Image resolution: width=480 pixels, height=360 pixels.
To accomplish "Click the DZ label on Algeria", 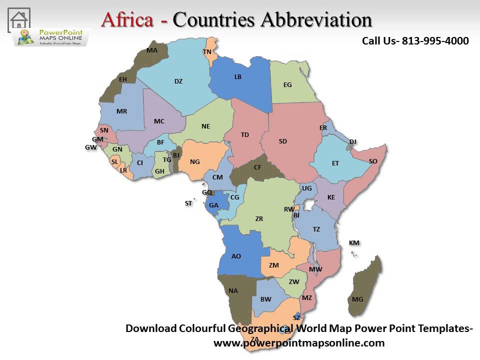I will [178, 81].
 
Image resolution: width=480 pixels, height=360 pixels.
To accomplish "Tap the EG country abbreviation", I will [287, 85].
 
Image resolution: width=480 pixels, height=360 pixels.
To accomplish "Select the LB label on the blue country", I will [238, 77].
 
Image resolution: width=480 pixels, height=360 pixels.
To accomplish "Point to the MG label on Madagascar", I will [357, 299].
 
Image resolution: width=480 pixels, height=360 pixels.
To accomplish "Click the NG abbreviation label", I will [195, 161].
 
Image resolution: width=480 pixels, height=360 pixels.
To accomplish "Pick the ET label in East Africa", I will [335, 163].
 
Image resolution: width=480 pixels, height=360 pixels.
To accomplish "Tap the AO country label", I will [236, 256].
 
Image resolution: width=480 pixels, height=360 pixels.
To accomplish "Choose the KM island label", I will [354, 243].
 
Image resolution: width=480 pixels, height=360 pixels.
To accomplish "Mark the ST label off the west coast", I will [188, 203].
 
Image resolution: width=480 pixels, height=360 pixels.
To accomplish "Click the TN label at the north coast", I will [207, 52].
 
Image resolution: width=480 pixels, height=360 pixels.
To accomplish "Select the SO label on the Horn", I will [373, 161].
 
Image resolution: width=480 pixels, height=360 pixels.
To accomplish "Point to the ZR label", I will [259, 219].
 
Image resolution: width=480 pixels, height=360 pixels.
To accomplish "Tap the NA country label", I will [233, 291].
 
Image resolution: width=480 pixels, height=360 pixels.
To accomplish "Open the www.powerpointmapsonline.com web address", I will [299, 343].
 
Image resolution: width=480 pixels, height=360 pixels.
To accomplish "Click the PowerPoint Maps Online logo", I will [52, 37].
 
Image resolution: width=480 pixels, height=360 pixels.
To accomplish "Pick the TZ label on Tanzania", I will [316, 229].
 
